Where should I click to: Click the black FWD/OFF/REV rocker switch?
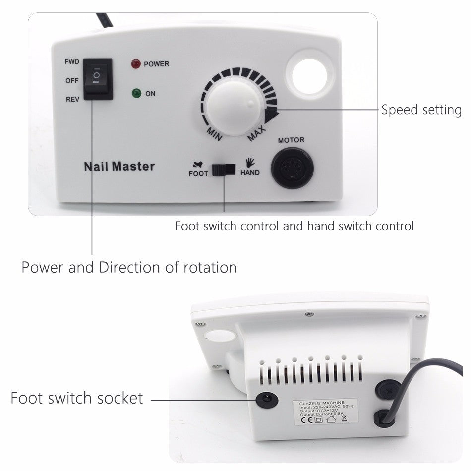click(98, 79)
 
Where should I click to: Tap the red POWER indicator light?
click(135, 64)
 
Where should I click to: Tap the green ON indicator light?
click(135, 93)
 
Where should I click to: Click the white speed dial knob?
click(232, 106)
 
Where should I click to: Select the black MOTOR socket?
click(293, 168)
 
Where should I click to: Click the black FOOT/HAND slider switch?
click(224, 169)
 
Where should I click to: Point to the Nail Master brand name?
click(119, 166)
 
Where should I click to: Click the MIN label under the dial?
click(214, 134)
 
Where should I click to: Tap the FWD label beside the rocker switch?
click(72, 62)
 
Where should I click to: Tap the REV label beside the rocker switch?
click(72, 99)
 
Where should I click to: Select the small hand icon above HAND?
click(250, 162)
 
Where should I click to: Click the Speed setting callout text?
click(421, 110)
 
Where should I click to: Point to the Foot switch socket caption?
click(77, 398)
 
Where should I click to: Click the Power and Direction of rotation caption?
click(129, 267)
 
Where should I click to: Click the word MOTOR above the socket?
click(291, 140)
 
